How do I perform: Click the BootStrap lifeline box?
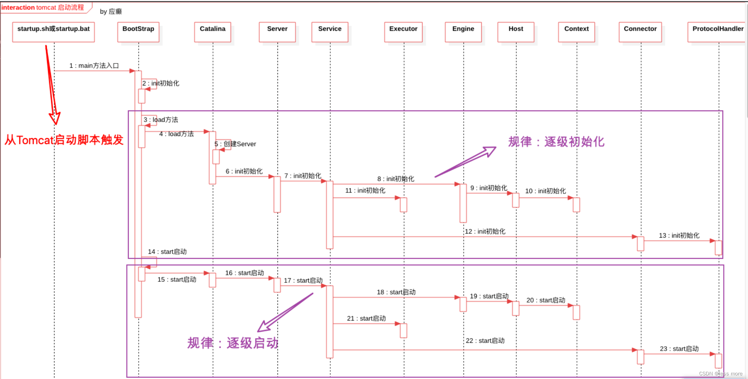[138, 32]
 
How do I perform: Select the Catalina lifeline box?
[213, 32]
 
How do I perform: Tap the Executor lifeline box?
[403, 32]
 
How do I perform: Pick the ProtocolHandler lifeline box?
[717, 32]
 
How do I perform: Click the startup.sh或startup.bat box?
[53, 32]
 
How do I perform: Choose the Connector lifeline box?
[640, 32]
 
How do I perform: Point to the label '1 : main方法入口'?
[94, 66]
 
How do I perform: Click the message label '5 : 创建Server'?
[236, 144]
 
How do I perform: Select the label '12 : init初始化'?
[485, 231]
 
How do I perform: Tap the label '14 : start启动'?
[167, 252]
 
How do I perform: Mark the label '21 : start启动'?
[366, 318]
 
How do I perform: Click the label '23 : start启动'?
[679, 348]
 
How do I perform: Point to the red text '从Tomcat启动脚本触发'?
[64, 140]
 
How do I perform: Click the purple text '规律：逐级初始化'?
[556, 142]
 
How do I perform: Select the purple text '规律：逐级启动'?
[233, 343]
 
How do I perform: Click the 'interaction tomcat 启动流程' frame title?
[43, 8]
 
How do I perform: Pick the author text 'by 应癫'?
[111, 11]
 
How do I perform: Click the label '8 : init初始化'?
[396, 179]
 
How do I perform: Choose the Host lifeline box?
[516, 32]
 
